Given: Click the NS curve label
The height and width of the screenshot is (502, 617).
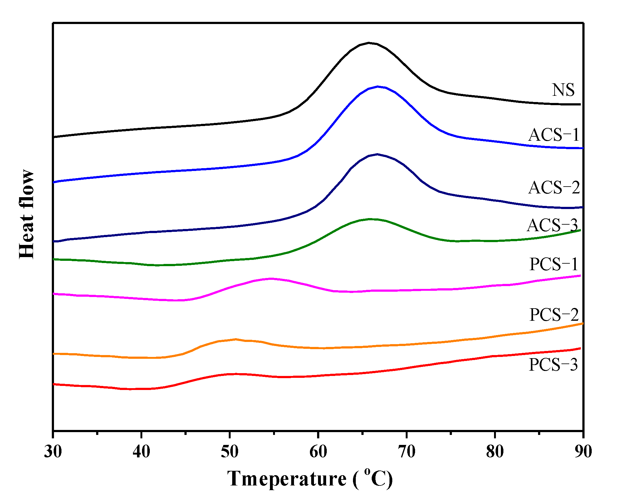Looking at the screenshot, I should pyautogui.click(x=563, y=90).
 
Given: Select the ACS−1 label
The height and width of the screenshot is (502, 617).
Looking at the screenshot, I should pyautogui.click(x=554, y=135).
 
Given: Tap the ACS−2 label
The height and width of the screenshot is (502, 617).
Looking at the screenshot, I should pyautogui.click(x=554, y=188).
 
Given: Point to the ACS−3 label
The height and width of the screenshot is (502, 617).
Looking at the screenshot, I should pyautogui.click(x=552, y=225).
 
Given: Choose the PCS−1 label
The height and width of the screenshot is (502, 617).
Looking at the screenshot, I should pyautogui.click(x=554, y=264).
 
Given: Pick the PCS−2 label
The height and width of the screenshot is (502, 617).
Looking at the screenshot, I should pyautogui.click(x=554, y=314).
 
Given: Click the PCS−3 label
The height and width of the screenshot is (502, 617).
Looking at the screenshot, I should pyautogui.click(x=553, y=364).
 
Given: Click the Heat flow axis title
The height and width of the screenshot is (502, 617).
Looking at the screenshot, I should pyautogui.click(x=27, y=214).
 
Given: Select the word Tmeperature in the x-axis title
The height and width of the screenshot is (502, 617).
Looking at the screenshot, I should pyautogui.click(x=286, y=479).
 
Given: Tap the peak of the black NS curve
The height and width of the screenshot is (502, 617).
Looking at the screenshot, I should pyautogui.click(x=369, y=43).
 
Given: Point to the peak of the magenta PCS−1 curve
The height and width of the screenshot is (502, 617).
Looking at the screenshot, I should pyautogui.click(x=271, y=278).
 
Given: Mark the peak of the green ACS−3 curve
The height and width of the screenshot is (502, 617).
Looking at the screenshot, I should pyautogui.click(x=370, y=219).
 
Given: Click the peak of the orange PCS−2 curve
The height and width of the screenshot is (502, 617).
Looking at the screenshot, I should pyautogui.click(x=236, y=339).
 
